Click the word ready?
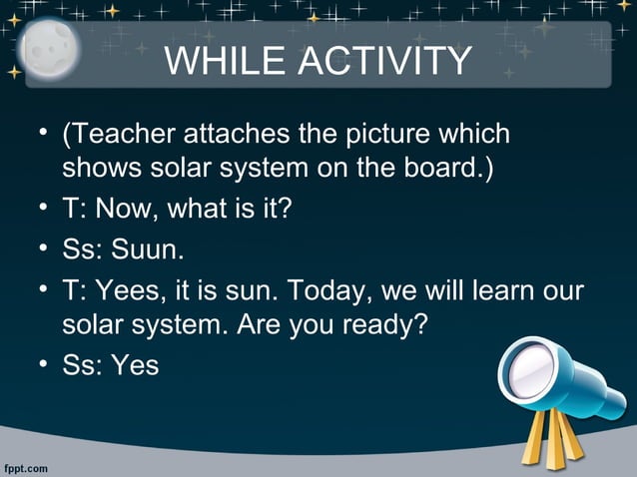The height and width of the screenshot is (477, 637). [380, 324]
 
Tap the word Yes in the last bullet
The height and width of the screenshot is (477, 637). [136, 364]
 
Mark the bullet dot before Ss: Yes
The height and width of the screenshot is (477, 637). [45, 364]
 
